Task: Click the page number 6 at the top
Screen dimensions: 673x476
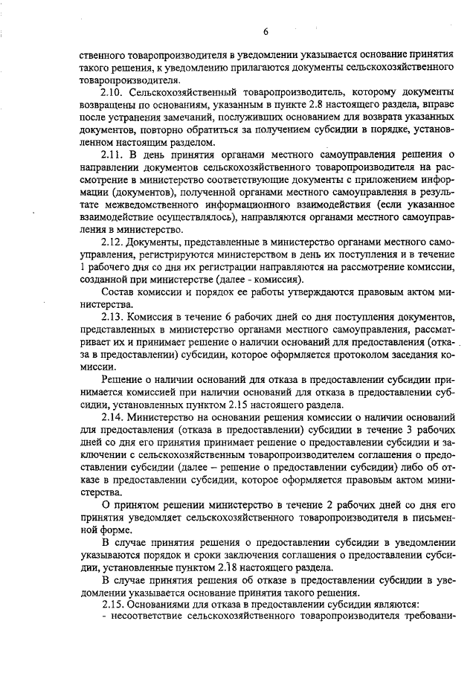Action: pyautogui.click(x=266, y=31)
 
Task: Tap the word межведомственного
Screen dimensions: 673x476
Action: pyautogui.click(x=124, y=205)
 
